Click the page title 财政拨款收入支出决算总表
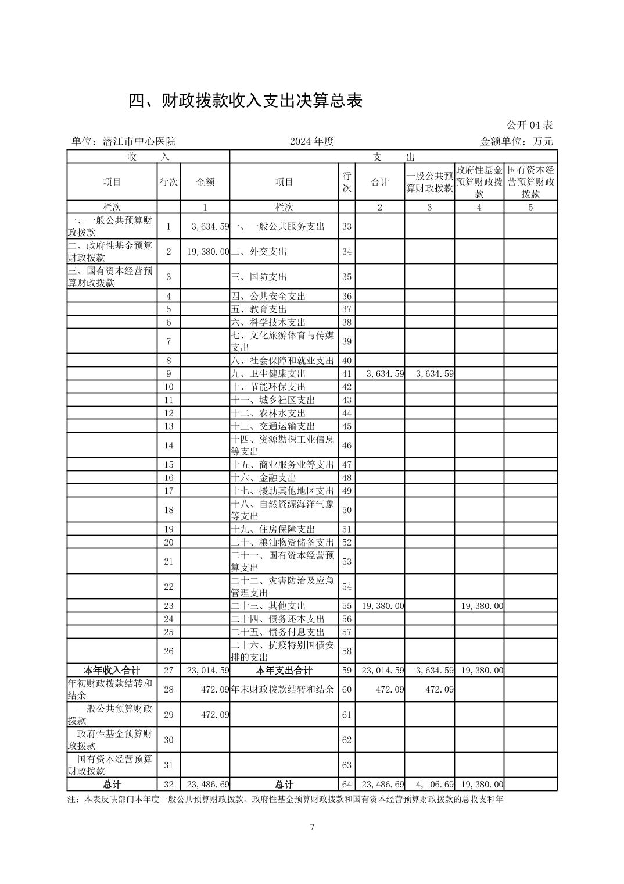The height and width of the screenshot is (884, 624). point(246,101)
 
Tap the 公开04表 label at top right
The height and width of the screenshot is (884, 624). point(529,125)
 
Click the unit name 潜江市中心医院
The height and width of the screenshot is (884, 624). point(138,141)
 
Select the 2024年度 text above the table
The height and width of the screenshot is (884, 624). point(313,141)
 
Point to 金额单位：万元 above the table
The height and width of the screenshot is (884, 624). point(517,141)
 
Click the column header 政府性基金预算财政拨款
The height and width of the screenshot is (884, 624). point(479,182)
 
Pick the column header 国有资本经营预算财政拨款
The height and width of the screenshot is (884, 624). point(530,182)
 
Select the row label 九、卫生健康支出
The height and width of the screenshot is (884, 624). point(268,374)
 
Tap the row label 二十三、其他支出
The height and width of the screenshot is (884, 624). point(268,606)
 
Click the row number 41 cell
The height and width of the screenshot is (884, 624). point(347,374)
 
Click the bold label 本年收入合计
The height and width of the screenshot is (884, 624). point(112,671)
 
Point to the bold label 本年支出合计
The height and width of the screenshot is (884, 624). point(284,671)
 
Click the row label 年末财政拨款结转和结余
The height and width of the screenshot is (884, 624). point(283,690)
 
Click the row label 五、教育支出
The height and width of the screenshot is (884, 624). point(259,309)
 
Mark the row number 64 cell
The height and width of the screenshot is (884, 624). point(347,785)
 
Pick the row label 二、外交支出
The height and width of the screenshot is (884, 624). point(259,252)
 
